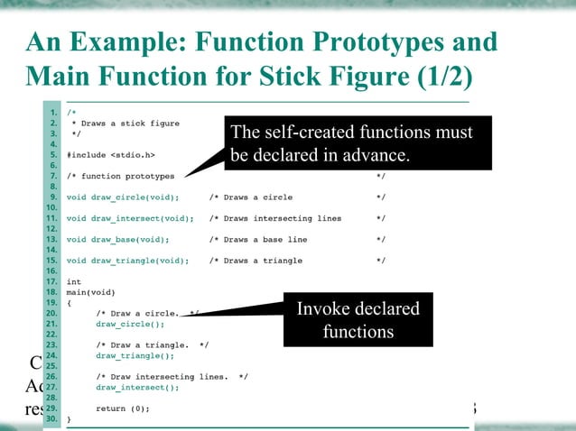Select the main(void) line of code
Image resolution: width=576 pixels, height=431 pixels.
(x=90, y=292)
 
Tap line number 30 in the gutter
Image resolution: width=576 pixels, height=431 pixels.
(x=53, y=419)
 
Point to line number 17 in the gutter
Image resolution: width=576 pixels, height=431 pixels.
(x=53, y=281)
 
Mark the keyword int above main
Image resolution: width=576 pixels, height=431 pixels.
(x=74, y=281)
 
